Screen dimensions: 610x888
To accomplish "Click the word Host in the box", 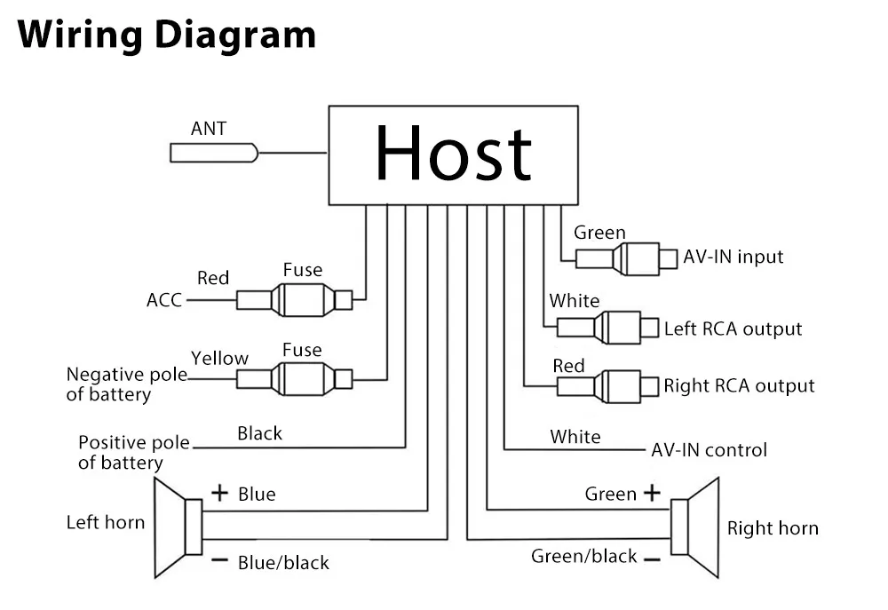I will (453, 153).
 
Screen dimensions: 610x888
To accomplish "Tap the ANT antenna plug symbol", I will (214, 153).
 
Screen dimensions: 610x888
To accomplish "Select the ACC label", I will (163, 300).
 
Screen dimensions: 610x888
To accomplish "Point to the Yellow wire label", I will (219, 359).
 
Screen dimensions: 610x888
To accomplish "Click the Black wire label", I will (259, 433).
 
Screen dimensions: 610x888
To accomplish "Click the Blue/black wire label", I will (283, 562).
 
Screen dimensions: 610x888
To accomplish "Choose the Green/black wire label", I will (583, 557).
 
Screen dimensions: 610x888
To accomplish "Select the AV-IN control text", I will (709, 449).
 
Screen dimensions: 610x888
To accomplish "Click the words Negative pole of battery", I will (126, 384).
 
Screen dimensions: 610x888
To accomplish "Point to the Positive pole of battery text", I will (133, 452).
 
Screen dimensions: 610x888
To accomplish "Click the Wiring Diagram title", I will (167, 36).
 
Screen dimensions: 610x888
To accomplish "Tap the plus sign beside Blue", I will (219, 493).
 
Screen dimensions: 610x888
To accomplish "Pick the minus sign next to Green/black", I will (652, 559).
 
